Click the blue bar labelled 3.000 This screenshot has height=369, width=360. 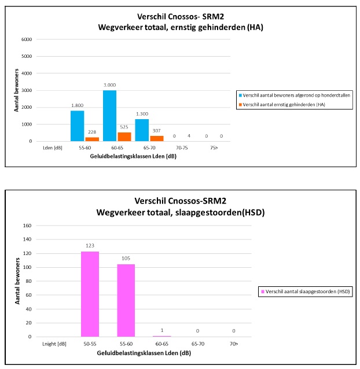[x=109, y=116]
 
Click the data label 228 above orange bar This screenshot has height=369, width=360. [x=92, y=131]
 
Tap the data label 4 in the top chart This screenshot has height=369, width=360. [x=189, y=136]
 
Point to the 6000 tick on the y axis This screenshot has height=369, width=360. [x=26, y=39]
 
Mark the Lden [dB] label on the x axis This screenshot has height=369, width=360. [x=45, y=148]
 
